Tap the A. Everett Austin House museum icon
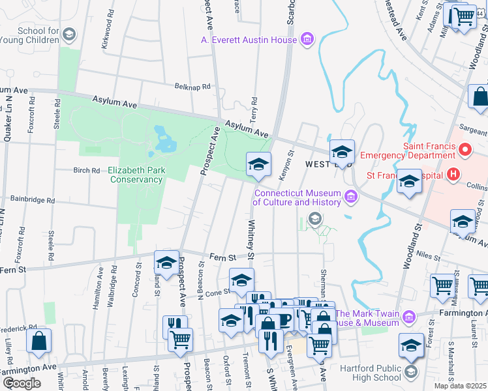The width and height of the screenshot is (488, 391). click(307, 40)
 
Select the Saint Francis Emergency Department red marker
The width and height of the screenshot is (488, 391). click(466, 151)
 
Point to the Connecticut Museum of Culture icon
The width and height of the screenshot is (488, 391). click(352, 196)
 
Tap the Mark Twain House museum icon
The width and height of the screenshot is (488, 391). click(409, 317)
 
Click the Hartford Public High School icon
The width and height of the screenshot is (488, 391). click(410, 372)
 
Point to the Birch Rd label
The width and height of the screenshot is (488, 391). click(86, 171)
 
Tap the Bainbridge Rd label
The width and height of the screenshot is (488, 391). click(33, 200)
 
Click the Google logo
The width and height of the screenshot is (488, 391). click(22, 383)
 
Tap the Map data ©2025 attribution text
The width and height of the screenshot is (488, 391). click(461, 386)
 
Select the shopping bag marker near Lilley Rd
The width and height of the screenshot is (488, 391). click(39, 341)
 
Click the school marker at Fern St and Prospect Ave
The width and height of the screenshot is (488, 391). click(166, 263)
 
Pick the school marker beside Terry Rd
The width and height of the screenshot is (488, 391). click(258, 164)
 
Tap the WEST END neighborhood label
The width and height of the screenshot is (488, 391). click(318, 166)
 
